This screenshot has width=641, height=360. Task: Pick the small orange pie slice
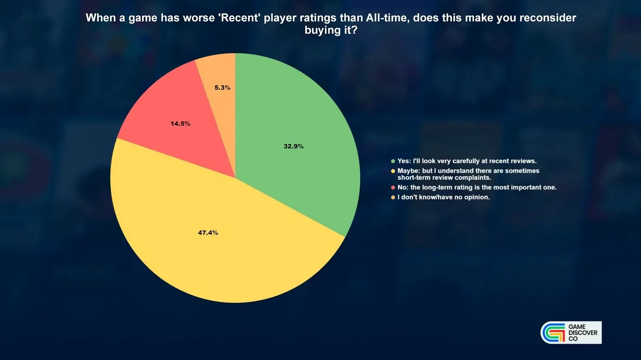click(220, 86)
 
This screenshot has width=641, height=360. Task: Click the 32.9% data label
click(294, 146)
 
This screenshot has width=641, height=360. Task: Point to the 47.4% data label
click(208, 233)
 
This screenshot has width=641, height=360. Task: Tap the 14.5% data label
click(181, 124)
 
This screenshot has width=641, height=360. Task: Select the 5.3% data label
click(222, 88)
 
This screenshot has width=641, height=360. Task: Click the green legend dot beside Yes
click(393, 161)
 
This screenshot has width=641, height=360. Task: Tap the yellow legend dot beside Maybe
click(393, 171)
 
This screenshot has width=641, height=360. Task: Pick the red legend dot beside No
click(393, 188)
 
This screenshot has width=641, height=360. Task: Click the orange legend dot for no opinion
click(393, 197)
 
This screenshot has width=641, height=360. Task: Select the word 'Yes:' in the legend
click(404, 161)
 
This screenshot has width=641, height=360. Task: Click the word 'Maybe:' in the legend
click(409, 171)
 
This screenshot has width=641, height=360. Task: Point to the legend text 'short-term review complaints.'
click(444, 178)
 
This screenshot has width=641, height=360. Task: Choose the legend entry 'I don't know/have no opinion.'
click(444, 197)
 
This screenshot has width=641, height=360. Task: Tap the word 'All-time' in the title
click(388, 18)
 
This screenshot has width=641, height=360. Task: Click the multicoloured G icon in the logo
click(553, 333)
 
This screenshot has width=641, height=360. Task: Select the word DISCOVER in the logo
click(583, 333)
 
